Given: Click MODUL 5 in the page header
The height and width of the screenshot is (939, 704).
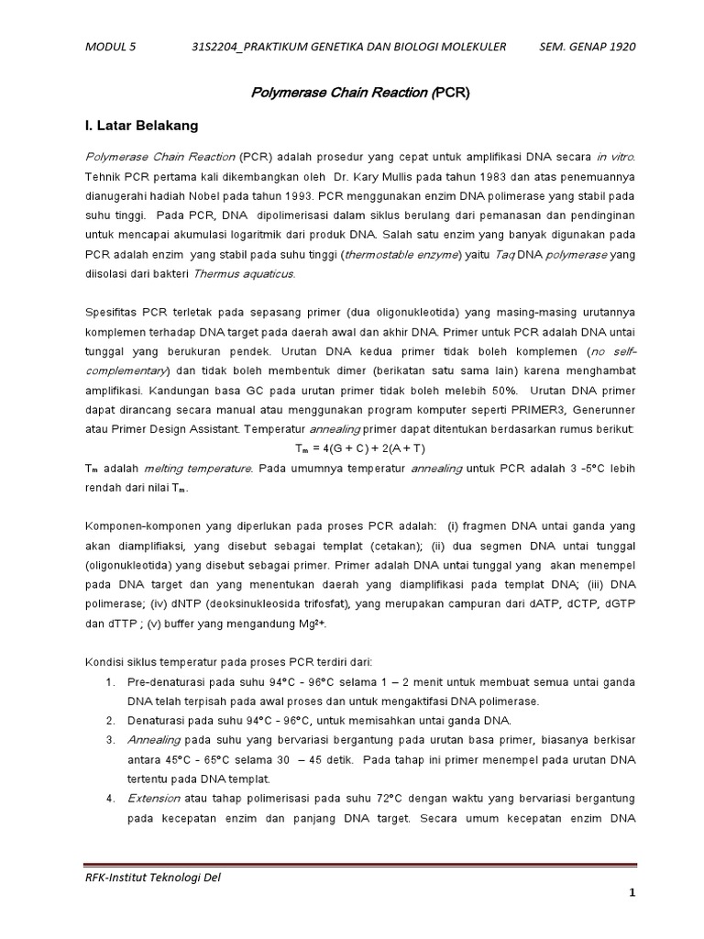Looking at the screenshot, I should coord(109,46).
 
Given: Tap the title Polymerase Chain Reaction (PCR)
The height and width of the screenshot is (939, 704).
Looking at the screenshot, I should coord(360,93).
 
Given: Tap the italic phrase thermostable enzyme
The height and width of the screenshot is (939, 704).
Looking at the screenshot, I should coord(398,256).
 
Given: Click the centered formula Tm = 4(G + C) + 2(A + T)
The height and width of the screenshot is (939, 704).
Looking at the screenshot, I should coord(360,448).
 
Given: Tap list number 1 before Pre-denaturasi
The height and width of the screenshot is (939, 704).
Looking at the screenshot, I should coord(109,682).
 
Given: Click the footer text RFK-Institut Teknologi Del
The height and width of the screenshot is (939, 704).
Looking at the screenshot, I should coord(152,877).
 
